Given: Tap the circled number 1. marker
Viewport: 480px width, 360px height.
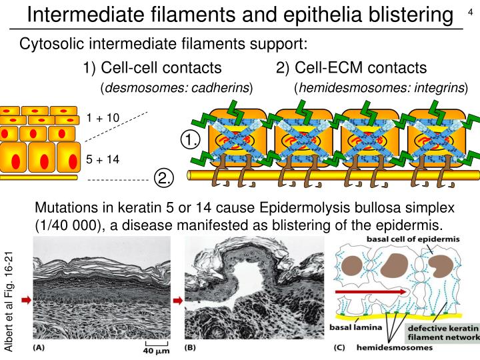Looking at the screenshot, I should coord(191,140).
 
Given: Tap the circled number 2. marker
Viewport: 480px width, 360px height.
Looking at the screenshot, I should coord(164,178).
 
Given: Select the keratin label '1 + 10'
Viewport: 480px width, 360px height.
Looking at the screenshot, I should coord(103,118).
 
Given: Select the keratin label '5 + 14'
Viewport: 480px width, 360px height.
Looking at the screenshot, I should coord(103,160).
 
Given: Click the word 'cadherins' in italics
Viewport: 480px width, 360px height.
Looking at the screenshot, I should coord(221,89).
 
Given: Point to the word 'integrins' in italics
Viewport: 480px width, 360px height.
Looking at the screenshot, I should coord(437,89).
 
